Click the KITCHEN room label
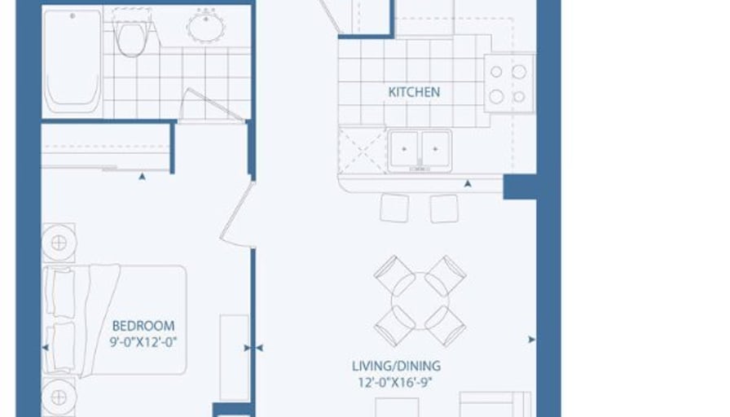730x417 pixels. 414,92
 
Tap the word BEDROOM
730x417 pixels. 143,326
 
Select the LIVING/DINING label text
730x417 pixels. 396,367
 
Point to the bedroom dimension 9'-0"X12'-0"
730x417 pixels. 143,343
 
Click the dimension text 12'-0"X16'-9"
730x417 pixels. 395,383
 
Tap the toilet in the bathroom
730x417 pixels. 132,37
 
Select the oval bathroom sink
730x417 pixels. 205,26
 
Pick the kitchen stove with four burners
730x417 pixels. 509,84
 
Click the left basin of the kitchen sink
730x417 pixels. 404,149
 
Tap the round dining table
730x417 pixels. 420,301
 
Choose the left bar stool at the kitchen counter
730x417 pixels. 395,208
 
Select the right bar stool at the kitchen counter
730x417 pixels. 444,208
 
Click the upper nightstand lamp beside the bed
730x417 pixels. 59,243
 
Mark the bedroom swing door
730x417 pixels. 237,213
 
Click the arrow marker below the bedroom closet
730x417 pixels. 142,177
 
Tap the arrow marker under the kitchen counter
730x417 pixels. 468,184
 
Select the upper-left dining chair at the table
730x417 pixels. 394,275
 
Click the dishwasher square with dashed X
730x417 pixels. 363,151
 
